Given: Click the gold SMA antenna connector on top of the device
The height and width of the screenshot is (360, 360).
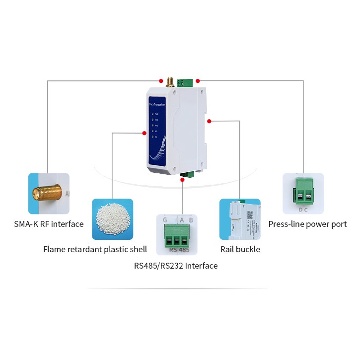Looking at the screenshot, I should coord(170,81).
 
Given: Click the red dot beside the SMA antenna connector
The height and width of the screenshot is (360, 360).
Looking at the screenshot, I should coord(160,80).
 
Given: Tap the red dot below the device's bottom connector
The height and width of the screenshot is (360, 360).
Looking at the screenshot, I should coord(183,180).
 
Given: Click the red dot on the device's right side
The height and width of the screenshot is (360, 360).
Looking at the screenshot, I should coord(210,121).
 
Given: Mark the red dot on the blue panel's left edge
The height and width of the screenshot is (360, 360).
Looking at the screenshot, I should coord(144,133).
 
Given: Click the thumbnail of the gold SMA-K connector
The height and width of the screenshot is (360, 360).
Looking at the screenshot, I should coord(49,193).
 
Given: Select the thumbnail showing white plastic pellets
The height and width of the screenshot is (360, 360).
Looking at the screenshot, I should coord(112,219).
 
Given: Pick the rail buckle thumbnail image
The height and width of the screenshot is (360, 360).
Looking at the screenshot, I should coord(240,219).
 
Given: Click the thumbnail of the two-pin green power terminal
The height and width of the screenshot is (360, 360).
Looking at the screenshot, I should coord(303,193).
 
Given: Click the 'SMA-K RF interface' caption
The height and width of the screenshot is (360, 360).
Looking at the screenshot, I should coord(49,224).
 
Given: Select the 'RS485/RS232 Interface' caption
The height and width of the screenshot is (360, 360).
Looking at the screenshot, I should coord(176,266).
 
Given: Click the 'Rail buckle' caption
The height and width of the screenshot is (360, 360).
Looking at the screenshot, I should coord(240,249).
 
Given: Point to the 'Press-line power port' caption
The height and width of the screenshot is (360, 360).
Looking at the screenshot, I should coord(307,224).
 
